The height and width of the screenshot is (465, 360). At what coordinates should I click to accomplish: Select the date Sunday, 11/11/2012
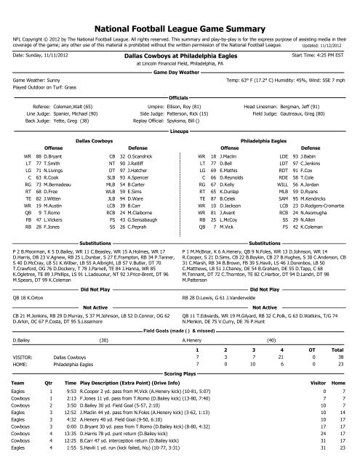pos(41,54)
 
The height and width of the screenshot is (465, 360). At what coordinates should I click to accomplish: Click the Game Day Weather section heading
pos(179,73)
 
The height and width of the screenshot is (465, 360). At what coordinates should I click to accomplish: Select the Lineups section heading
pos(179,133)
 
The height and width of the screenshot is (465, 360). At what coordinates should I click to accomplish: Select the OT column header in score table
pos(315,329)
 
